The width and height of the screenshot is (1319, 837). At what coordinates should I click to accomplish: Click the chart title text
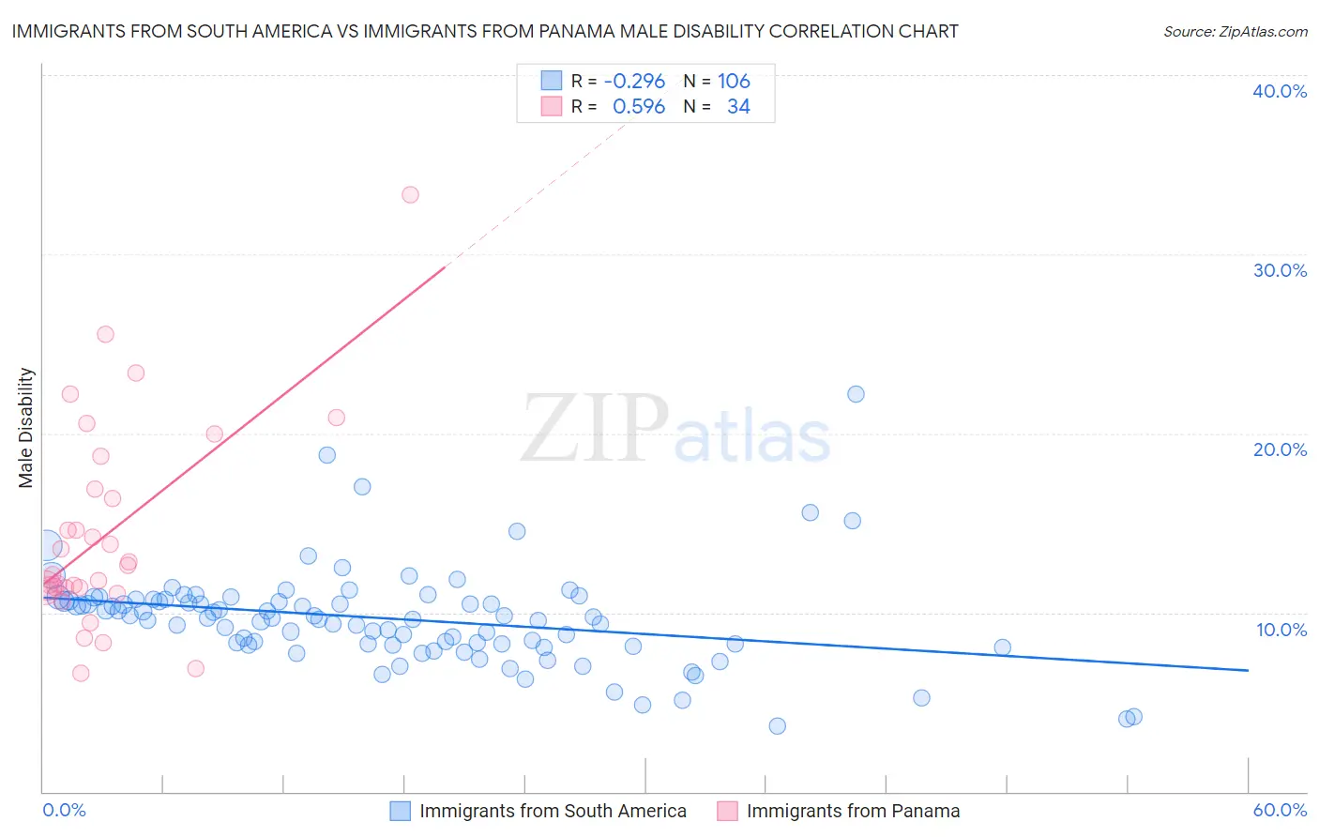[x=484, y=31]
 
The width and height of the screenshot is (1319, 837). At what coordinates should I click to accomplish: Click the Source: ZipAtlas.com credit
[x=1235, y=31]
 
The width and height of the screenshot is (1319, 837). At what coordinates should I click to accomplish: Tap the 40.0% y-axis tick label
[x=1280, y=91]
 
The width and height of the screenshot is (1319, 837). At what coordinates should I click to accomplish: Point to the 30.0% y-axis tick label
[x=1280, y=270]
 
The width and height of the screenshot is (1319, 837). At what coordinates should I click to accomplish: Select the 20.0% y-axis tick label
[x=1280, y=449]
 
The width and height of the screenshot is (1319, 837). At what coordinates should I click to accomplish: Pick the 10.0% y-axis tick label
[x=1280, y=630]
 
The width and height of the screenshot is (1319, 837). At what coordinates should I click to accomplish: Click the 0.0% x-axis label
[x=64, y=810]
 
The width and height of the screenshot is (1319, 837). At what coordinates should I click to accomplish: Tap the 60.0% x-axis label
[x=1280, y=810]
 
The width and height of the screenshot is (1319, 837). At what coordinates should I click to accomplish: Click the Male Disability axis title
[x=26, y=427]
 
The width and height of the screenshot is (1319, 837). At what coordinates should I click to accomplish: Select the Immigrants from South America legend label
[x=553, y=811]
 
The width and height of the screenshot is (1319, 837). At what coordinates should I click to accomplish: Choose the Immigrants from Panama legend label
[x=853, y=811]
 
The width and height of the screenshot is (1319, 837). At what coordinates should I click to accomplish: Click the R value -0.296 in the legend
[x=634, y=81]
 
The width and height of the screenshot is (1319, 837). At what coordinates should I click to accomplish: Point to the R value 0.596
[x=638, y=107]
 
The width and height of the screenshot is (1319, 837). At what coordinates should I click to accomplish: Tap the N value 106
[x=734, y=81]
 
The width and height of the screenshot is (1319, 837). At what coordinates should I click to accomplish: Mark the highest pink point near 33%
[x=410, y=195]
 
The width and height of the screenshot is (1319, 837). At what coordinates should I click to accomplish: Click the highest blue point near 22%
[x=856, y=394]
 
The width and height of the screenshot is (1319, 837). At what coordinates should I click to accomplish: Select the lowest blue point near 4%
[x=777, y=725]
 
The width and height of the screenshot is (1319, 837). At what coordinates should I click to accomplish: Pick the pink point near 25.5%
[x=105, y=334]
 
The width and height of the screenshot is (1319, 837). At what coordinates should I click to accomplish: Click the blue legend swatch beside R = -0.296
[x=551, y=81]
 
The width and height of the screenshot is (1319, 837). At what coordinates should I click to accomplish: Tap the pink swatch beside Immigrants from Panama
[x=727, y=811]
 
